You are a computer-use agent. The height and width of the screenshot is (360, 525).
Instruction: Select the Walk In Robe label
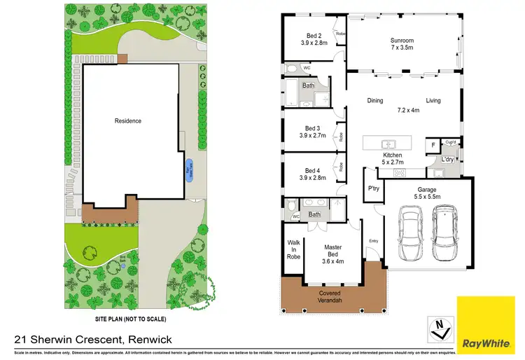coord(294,251)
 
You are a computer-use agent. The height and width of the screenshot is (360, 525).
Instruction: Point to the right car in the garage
coord(446,233)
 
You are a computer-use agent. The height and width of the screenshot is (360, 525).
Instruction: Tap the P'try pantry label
coord(373,189)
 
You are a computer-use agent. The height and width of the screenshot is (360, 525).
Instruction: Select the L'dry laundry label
coord(448,160)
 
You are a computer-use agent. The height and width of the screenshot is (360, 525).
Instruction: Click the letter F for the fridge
coord(434,146)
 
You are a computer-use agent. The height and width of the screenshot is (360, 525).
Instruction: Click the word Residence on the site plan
coord(128,120)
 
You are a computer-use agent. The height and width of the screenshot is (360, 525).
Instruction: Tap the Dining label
coord(375,101)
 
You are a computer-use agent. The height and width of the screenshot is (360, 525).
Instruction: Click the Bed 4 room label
coord(312,174)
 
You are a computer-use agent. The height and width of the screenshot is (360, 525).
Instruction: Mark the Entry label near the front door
coord(372,242)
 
